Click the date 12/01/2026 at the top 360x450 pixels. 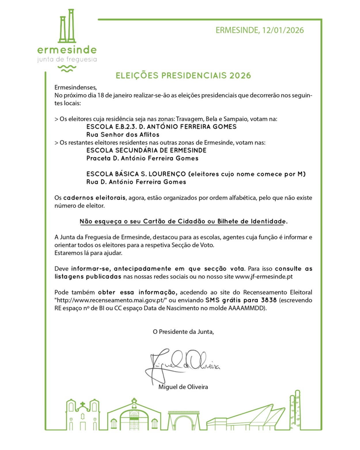283,30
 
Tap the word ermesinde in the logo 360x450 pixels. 67,50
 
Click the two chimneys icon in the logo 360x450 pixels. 67,26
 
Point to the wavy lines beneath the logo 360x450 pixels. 67,69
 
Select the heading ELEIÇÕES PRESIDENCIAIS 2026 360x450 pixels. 183,76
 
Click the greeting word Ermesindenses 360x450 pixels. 75,88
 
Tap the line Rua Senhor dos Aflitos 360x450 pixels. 123,134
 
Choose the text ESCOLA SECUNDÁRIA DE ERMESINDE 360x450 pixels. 146,150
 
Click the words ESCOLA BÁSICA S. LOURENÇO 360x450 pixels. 136,174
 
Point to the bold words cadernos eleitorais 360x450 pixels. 94,198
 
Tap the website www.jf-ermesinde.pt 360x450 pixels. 264,277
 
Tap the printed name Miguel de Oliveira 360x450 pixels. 183,387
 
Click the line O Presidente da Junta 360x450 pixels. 183,332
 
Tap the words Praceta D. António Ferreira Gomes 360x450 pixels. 142,158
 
